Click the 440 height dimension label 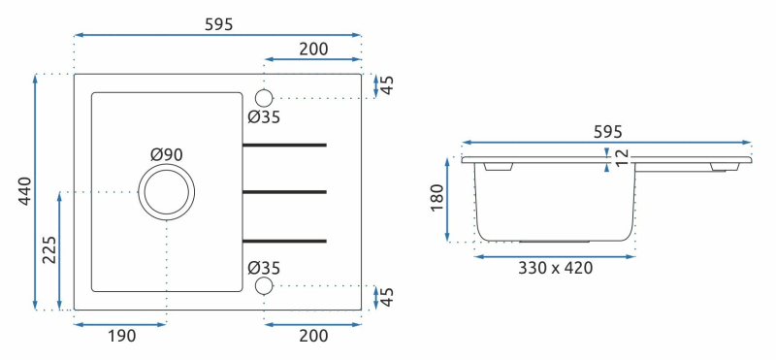click(x=25, y=191)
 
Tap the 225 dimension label click(x=49, y=249)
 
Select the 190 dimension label click(x=122, y=336)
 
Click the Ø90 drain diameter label click(x=167, y=155)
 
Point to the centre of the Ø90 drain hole click(x=166, y=191)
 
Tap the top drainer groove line click(x=284, y=146)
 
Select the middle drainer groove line click(x=284, y=191)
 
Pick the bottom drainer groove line click(x=284, y=242)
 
